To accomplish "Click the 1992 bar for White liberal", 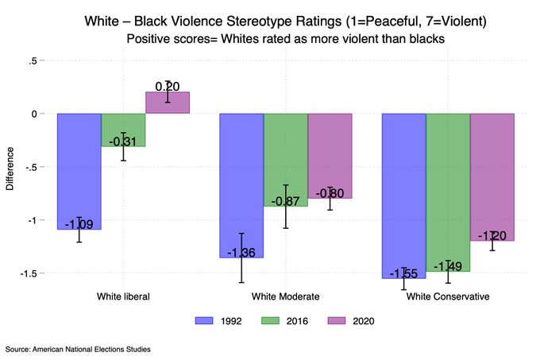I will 79,171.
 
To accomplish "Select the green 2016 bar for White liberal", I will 123,130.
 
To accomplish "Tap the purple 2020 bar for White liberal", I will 167,103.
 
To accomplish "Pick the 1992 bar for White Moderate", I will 241,185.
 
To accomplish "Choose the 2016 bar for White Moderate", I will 286,159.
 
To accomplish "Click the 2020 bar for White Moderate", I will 330,156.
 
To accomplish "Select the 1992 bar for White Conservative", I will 403,195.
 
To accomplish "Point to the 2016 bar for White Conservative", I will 448,192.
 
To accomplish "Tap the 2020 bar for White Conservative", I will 492,176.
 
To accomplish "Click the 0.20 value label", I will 167,86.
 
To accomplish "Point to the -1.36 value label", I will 241,253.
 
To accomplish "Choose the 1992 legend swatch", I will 204,320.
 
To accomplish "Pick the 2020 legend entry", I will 350,320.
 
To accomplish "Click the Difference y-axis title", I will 10,167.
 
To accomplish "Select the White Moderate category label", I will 285,296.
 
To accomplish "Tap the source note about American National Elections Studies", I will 77,349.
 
